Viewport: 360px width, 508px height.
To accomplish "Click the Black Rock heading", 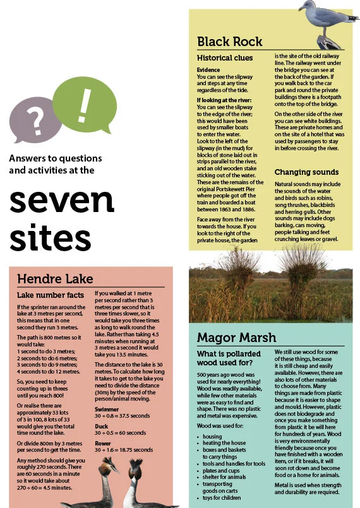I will (229, 42).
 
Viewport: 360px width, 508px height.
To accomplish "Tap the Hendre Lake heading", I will (55, 279).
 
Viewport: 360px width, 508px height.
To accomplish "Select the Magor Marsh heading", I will (236, 337).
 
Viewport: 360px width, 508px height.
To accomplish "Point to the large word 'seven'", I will (61, 199).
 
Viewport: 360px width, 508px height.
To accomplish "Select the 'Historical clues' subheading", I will (224, 58).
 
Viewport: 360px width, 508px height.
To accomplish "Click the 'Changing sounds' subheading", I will (306, 172).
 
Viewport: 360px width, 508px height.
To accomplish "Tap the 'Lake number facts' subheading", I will (50, 295).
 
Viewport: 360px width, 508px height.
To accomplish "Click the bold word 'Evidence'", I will (208, 69).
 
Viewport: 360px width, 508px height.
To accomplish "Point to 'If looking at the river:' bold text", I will (224, 100).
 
